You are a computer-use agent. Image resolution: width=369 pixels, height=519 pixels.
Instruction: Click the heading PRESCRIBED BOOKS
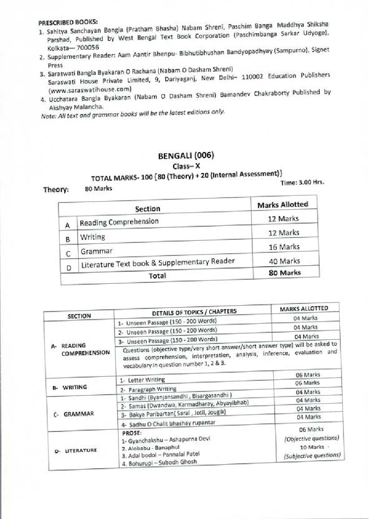pyautogui.click(x=68, y=22)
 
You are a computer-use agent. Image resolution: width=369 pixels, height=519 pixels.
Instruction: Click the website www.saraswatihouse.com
pyautogui.click(x=90, y=88)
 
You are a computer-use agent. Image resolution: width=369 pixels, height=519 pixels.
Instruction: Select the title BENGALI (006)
pyautogui.click(x=186, y=156)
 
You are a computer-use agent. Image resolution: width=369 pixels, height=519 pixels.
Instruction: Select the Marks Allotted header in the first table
pyautogui.click(x=282, y=205)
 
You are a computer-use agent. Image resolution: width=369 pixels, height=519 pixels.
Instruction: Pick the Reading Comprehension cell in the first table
pyautogui.click(x=119, y=222)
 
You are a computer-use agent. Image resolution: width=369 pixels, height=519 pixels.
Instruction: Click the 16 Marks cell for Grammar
pyautogui.click(x=283, y=247)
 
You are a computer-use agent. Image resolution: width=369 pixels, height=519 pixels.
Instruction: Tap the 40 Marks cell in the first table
pyautogui.click(x=284, y=261)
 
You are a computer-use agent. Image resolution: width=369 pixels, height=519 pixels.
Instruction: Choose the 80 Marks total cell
pyautogui.click(x=284, y=273)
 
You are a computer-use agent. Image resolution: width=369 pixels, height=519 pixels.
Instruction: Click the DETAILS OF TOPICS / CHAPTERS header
pyautogui.click(x=194, y=312)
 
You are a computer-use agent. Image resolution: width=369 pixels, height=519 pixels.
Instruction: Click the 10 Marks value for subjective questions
pyautogui.click(x=312, y=447)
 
